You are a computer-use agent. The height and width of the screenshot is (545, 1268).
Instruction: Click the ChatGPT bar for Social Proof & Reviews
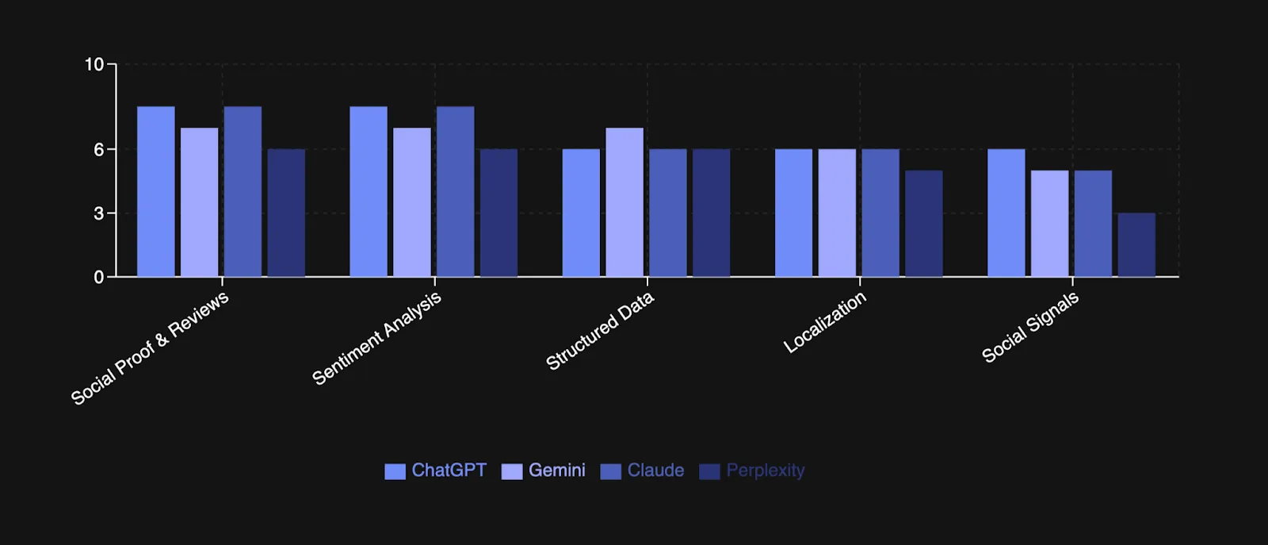[x=156, y=192]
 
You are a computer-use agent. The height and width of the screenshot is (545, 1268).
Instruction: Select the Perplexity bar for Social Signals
[x=1136, y=245]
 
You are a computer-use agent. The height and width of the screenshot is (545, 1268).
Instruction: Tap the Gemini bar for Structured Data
[x=624, y=202]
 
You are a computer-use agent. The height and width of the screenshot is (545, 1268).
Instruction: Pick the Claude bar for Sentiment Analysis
[x=456, y=192]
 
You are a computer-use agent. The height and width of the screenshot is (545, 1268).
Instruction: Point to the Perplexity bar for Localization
[x=924, y=224]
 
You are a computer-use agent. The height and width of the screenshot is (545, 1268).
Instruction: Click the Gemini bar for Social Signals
[x=1050, y=224]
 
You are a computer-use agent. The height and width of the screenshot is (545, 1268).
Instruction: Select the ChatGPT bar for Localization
[x=794, y=213]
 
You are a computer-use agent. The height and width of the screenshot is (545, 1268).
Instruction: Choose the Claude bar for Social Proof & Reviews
[x=243, y=192]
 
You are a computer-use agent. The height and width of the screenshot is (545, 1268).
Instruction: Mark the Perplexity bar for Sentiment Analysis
[x=498, y=213]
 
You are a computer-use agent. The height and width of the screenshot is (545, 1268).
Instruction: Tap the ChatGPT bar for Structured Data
[x=581, y=213]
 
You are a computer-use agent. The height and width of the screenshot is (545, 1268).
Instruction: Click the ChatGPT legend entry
[x=436, y=470]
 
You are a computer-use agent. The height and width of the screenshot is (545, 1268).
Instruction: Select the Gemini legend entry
[x=544, y=470]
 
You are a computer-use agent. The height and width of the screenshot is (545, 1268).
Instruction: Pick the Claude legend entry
[x=643, y=470]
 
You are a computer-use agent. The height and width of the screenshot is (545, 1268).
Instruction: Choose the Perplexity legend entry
[x=753, y=470]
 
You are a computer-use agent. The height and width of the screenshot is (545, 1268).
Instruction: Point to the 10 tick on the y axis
[x=94, y=64]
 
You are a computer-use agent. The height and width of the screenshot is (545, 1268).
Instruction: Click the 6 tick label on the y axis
[x=99, y=149]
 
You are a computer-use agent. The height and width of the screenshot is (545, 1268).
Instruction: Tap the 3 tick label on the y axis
[x=99, y=213]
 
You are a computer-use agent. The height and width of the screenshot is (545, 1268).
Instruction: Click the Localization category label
[x=825, y=322]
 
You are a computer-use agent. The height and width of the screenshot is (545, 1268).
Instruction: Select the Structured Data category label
[x=600, y=330]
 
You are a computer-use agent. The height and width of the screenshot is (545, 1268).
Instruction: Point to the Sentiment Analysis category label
[x=376, y=339]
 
